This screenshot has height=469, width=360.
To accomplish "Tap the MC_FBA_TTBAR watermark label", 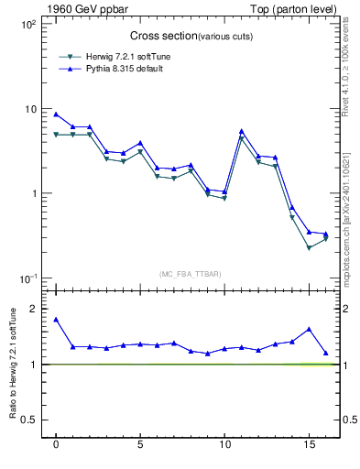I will click(x=189, y=273).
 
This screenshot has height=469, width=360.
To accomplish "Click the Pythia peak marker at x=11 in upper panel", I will click(x=241, y=131).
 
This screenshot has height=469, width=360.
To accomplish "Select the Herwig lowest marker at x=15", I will click(x=309, y=248).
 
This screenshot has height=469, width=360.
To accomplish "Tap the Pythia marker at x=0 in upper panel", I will click(x=56, y=115).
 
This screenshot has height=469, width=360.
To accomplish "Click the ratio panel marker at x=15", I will click(x=309, y=329).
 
